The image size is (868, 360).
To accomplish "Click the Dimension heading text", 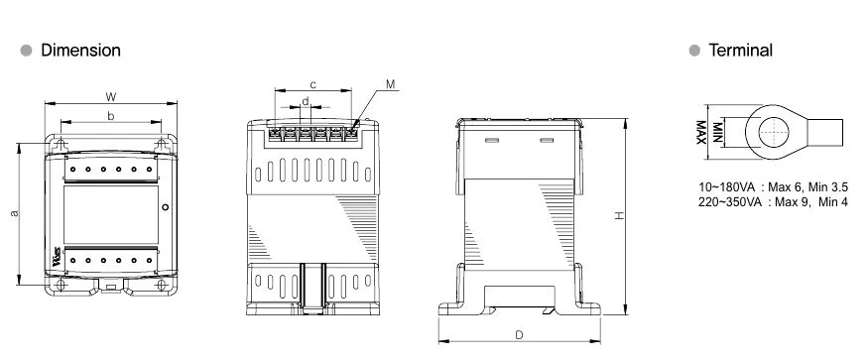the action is pyautogui.click(x=80, y=51).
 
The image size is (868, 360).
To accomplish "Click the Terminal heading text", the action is pyautogui.click(x=741, y=51).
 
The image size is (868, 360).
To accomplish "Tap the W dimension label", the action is pyautogui.click(x=111, y=97).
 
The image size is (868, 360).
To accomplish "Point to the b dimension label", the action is pyautogui.click(x=111, y=116).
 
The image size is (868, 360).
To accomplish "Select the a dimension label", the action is pyautogui.click(x=15, y=213).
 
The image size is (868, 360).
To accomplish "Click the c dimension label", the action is pyautogui.click(x=312, y=84).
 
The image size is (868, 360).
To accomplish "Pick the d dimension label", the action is pyautogui.click(x=305, y=101).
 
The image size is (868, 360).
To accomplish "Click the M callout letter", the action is pyautogui.click(x=391, y=84).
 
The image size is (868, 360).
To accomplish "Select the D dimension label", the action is pyautogui.click(x=519, y=334).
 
